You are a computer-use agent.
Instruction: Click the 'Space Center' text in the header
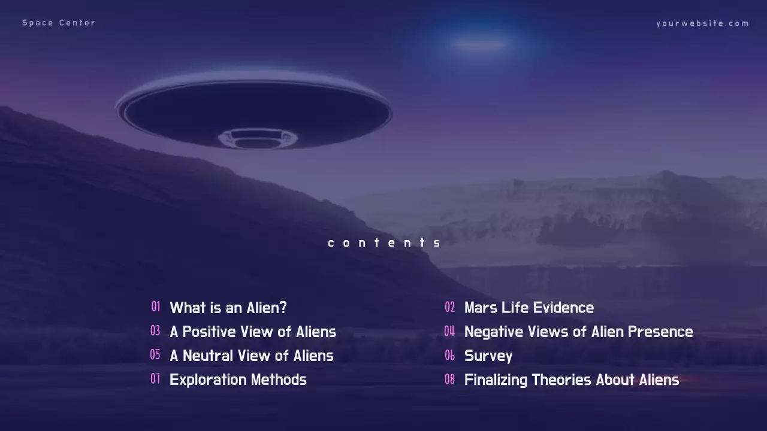(x=59, y=23)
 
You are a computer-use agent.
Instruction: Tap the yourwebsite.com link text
(x=702, y=23)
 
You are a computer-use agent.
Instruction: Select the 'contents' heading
(x=384, y=242)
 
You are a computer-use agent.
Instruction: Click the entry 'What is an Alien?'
(x=228, y=308)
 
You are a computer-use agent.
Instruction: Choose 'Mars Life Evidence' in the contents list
(x=529, y=308)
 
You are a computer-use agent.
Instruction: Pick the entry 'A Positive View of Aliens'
(x=253, y=332)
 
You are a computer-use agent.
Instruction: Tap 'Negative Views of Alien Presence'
(x=578, y=332)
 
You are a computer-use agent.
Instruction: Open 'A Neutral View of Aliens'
(x=251, y=356)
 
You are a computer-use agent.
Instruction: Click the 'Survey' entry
(x=488, y=356)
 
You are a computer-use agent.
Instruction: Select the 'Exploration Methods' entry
(x=238, y=380)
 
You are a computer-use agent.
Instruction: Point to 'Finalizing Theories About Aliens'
(x=572, y=380)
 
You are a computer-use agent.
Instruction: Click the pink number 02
(x=450, y=307)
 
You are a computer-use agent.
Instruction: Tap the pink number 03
(x=155, y=330)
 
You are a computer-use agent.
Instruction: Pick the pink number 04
(x=449, y=331)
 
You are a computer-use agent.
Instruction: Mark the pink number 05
(x=155, y=354)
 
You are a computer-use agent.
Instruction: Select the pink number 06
(x=450, y=356)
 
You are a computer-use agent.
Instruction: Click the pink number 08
(x=449, y=379)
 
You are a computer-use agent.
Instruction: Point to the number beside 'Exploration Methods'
(x=155, y=378)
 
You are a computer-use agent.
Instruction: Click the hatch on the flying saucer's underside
(x=257, y=139)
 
